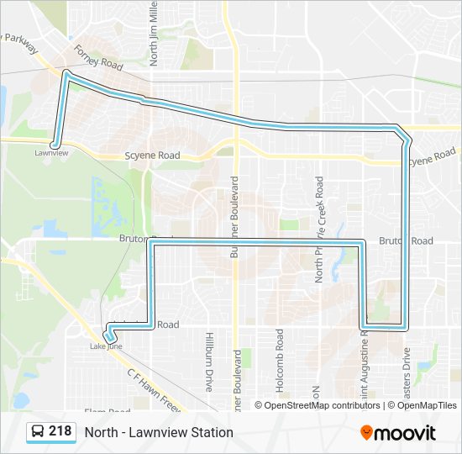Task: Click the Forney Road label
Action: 98,58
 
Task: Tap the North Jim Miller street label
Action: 154,34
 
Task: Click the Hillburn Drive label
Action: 208,362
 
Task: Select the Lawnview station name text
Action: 51,153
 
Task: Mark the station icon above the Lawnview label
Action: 55,144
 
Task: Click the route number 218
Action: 60,431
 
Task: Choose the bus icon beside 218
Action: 38,432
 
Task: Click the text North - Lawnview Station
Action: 159,432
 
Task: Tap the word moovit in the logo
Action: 405,432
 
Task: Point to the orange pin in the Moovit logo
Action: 366,432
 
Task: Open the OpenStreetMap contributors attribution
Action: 323,405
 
